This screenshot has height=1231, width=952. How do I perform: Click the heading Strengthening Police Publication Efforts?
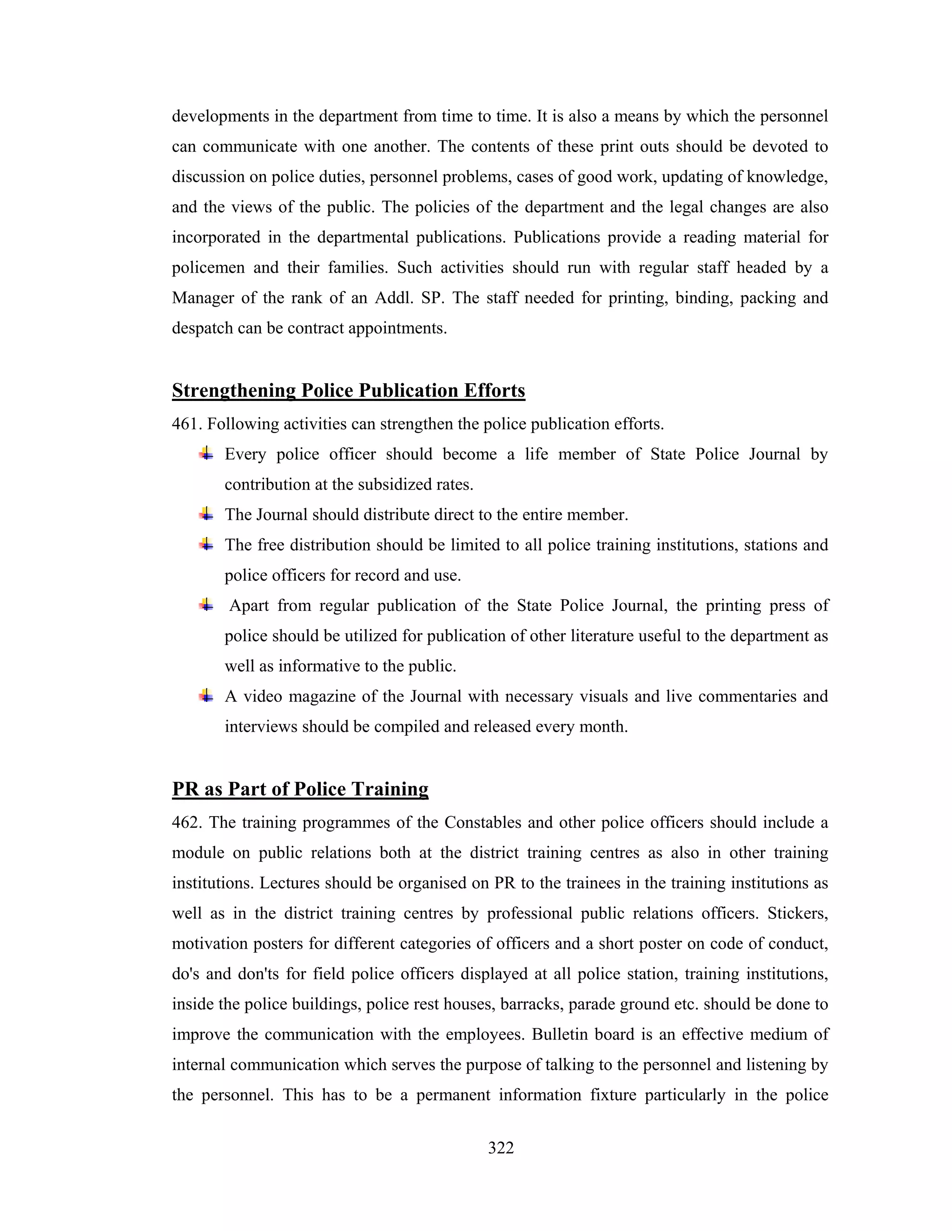pyautogui.click(x=349, y=391)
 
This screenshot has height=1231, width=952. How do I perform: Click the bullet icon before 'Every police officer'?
pyautogui.click(x=206, y=453)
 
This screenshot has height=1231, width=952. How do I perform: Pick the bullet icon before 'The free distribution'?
pyautogui.click(x=206, y=544)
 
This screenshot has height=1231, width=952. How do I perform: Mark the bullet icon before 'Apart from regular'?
pyautogui.click(x=206, y=605)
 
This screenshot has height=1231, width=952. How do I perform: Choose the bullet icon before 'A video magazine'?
pyautogui.click(x=206, y=695)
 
